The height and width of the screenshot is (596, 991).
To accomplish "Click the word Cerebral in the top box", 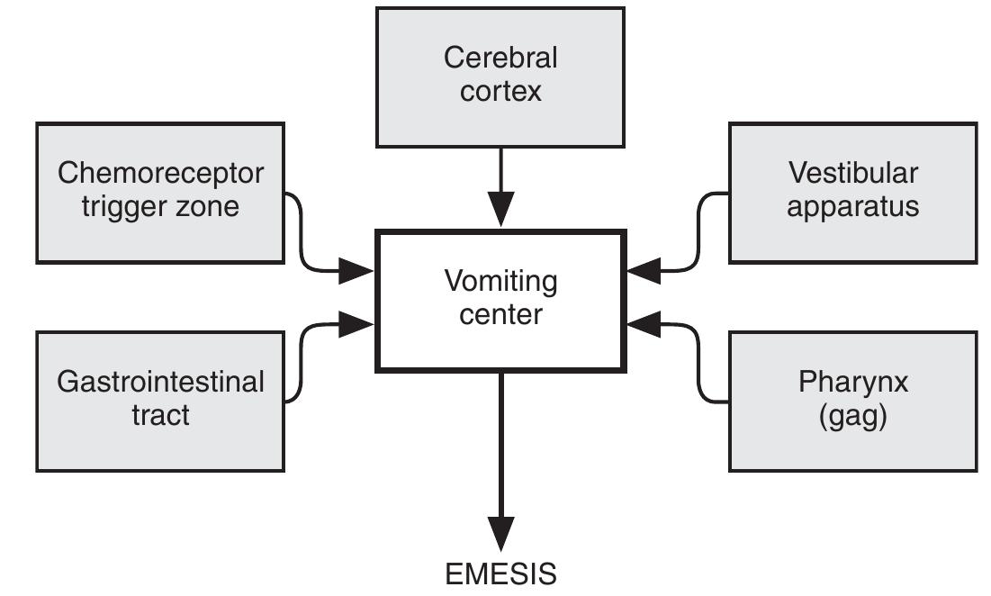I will [500, 59].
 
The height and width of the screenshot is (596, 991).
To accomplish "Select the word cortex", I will [500, 92].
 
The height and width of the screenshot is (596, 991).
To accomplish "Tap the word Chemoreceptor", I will [161, 172].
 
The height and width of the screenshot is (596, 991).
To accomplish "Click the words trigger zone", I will [161, 206].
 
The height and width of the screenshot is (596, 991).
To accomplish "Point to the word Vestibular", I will [852, 172].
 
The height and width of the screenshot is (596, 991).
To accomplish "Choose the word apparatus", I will [852, 206].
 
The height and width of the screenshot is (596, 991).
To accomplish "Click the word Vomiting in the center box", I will [500, 281].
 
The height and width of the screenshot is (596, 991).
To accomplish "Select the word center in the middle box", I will [500, 315].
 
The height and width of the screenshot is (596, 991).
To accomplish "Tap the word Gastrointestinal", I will [161, 381].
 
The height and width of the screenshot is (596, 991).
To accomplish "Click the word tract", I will [161, 415].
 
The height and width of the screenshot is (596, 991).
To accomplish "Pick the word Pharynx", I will [852, 381].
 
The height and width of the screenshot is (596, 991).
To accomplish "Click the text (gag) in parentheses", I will [852, 415].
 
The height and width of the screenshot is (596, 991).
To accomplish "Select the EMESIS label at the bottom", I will [500, 573].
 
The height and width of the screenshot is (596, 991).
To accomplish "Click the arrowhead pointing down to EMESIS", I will [500, 531].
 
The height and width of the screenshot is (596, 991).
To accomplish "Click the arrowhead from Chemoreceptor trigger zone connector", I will [357, 269].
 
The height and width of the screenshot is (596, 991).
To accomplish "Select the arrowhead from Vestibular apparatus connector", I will [644, 269].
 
